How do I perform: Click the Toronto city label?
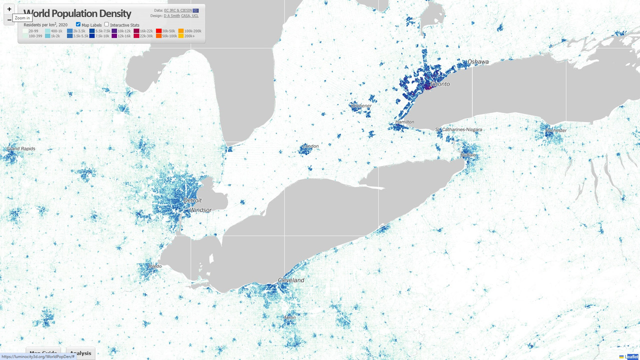[440, 84]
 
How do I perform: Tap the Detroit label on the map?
[192, 200]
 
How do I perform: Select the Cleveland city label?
[291, 280]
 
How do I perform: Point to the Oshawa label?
[478, 62]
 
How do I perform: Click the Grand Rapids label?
[21, 149]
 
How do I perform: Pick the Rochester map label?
[556, 130]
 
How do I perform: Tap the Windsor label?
[201, 210]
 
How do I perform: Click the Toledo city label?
[154, 266]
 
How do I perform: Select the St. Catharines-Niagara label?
[458, 129]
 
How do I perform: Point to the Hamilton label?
[404, 122]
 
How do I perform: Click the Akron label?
[289, 317]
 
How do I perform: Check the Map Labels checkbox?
[78, 24]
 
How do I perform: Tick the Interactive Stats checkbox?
[106, 24]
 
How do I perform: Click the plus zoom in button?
[9, 9]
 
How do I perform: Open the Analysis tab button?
[80, 353]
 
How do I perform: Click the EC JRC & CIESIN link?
[178, 10]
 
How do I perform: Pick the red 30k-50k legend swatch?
[158, 31]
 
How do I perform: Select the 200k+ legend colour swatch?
[181, 36]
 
